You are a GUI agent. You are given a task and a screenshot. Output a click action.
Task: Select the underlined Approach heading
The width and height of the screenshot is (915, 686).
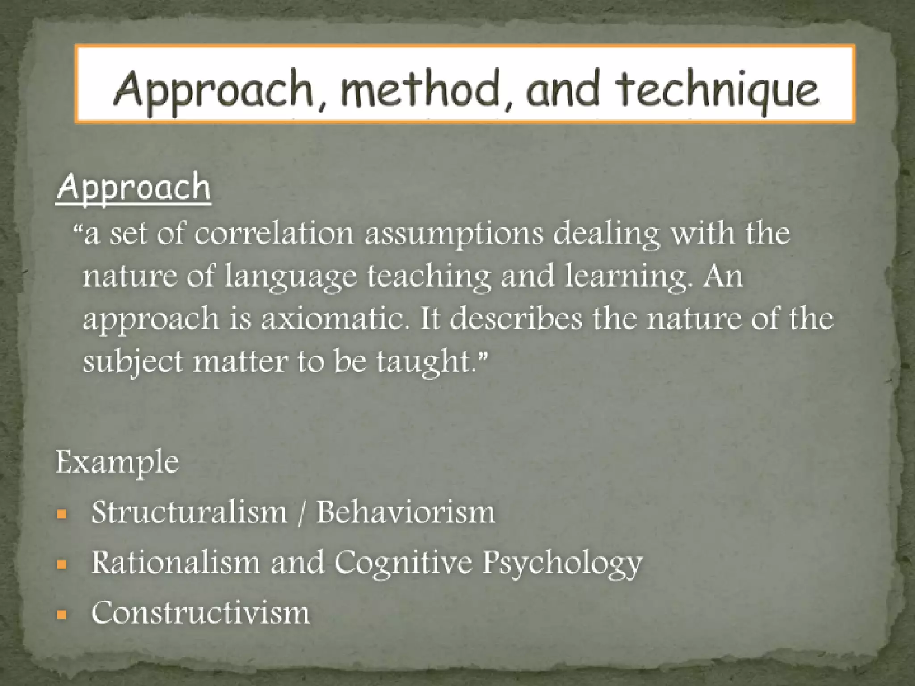click(x=133, y=188)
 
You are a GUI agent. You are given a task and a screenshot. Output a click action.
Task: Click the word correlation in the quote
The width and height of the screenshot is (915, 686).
click(x=273, y=234)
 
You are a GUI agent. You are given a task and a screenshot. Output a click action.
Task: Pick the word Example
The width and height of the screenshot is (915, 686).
click(x=117, y=462)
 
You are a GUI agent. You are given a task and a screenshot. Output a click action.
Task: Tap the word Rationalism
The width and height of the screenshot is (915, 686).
click(x=176, y=562)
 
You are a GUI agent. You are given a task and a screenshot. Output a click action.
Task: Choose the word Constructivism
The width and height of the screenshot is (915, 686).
click(x=201, y=613)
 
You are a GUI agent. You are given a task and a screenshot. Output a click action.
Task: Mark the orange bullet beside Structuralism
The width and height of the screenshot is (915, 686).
click(x=62, y=514)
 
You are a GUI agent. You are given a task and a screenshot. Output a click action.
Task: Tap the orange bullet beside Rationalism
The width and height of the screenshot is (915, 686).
click(x=62, y=565)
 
